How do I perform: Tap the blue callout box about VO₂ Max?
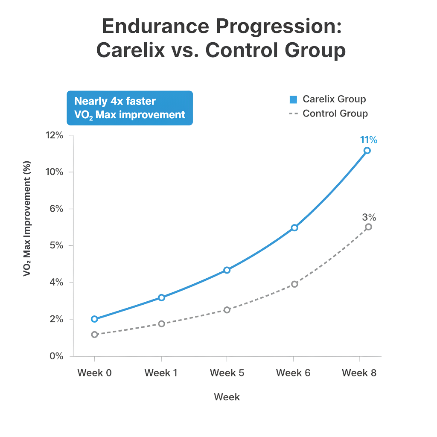[130, 108]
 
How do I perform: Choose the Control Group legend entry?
[329, 114]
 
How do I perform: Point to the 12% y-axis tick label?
[54, 136]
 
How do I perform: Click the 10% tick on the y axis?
[54, 172]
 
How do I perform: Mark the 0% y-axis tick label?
[55, 356]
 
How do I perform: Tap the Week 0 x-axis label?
[95, 373]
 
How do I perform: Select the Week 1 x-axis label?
[161, 373]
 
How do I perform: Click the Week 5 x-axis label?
[227, 373]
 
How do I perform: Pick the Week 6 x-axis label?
[294, 373]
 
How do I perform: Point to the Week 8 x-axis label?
[360, 373]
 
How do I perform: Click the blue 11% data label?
[368, 140]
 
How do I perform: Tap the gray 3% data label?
[369, 217]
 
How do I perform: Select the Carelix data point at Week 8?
[367, 151]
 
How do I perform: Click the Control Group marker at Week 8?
[368, 227]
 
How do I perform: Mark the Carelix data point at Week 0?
[94, 319]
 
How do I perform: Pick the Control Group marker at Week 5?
[227, 310]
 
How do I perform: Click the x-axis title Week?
[227, 397]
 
